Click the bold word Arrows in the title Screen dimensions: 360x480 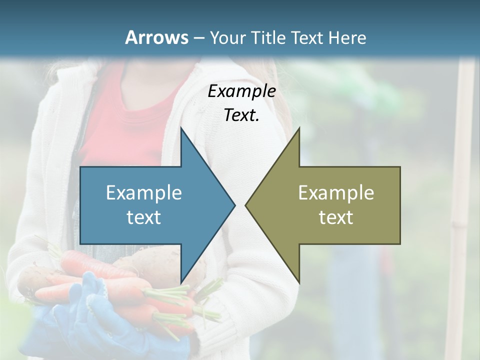156,37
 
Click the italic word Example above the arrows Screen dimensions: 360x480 241,91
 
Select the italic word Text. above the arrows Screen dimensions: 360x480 241,115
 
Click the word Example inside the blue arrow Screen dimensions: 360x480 144,192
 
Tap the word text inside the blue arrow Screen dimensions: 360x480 144,217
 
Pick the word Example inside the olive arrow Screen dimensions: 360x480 336,192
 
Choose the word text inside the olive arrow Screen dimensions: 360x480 336,217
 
